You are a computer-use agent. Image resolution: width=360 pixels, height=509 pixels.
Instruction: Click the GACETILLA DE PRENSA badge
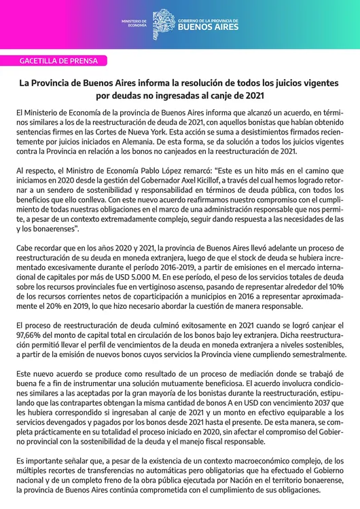click(x=60, y=61)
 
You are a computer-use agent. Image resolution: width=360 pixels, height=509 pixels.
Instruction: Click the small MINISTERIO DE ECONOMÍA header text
click(x=134, y=23)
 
